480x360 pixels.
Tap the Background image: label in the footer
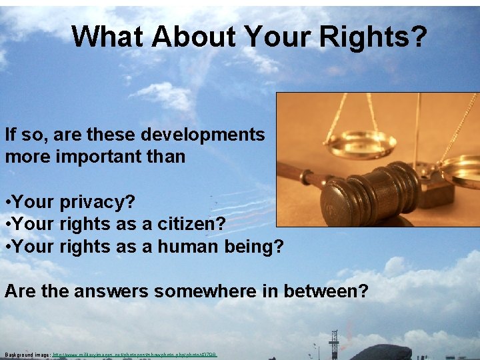27,354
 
